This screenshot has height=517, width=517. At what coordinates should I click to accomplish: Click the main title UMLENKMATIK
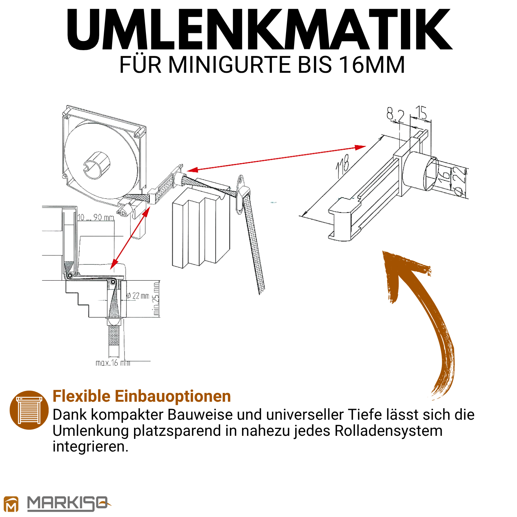tap(259, 29)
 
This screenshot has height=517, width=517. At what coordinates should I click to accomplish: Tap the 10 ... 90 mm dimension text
tap(95, 217)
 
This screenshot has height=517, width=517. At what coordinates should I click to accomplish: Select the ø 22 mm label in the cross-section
tap(137, 296)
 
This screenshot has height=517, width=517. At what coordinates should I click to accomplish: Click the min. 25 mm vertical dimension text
tap(155, 299)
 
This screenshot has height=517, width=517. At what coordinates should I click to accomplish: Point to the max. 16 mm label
tap(113, 363)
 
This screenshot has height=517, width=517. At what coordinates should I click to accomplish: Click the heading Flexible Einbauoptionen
tap(142, 396)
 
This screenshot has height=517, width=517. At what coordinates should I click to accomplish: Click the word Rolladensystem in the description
tap(388, 430)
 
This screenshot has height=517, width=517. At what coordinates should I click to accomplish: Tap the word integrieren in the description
tap(90, 447)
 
